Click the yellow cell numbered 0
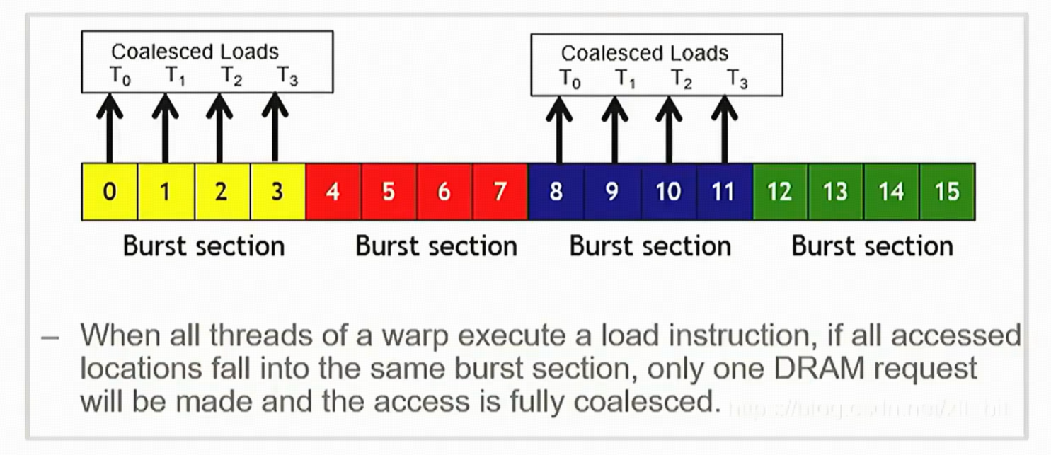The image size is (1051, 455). click(110, 192)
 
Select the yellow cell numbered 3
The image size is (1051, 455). click(277, 192)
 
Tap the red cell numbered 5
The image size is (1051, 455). click(389, 192)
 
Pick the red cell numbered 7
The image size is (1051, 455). click(500, 192)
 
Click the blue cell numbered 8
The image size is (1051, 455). click(556, 192)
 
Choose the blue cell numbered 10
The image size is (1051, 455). click(668, 192)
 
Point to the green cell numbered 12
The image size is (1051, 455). click(779, 192)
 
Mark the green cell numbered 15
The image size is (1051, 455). click(947, 192)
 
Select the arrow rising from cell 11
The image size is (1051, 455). click(723, 130)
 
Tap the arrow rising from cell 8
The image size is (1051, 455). click(559, 130)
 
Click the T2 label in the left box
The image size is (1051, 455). click(231, 75)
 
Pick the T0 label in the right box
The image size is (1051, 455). click(570, 78)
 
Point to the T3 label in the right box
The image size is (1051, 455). click(737, 78)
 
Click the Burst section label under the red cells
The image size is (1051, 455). click(436, 246)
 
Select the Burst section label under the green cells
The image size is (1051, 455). click(872, 246)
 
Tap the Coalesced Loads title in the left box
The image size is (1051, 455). click(195, 52)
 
